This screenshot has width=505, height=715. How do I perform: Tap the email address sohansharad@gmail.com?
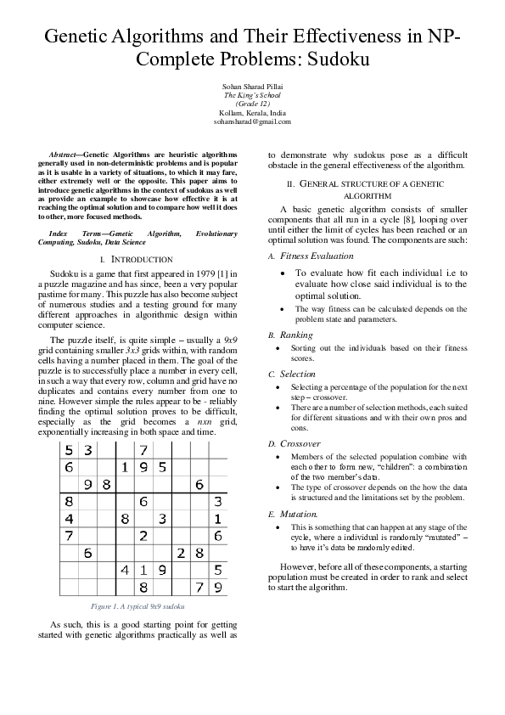pyautogui.click(x=252, y=121)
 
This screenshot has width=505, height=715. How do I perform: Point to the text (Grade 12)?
pyautogui.click(x=252, y=104)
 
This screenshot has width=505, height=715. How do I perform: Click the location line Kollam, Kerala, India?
pyautogui.click(x=252, y=113)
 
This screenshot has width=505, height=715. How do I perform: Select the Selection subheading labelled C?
pyautogui.click(x=298, y=374)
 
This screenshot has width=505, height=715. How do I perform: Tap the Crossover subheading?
pyautogui.click(x=300, y=443)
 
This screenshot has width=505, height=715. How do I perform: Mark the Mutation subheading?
pyautogui.click(x=300, y=514)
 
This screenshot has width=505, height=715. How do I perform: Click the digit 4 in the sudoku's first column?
pyautogui.click(x=69, y=518)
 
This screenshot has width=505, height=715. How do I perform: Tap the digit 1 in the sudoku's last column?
pyautogui.click(x=218, y=518)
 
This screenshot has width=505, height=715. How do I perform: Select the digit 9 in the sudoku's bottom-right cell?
pyautogui.click(x=218, y=587)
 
